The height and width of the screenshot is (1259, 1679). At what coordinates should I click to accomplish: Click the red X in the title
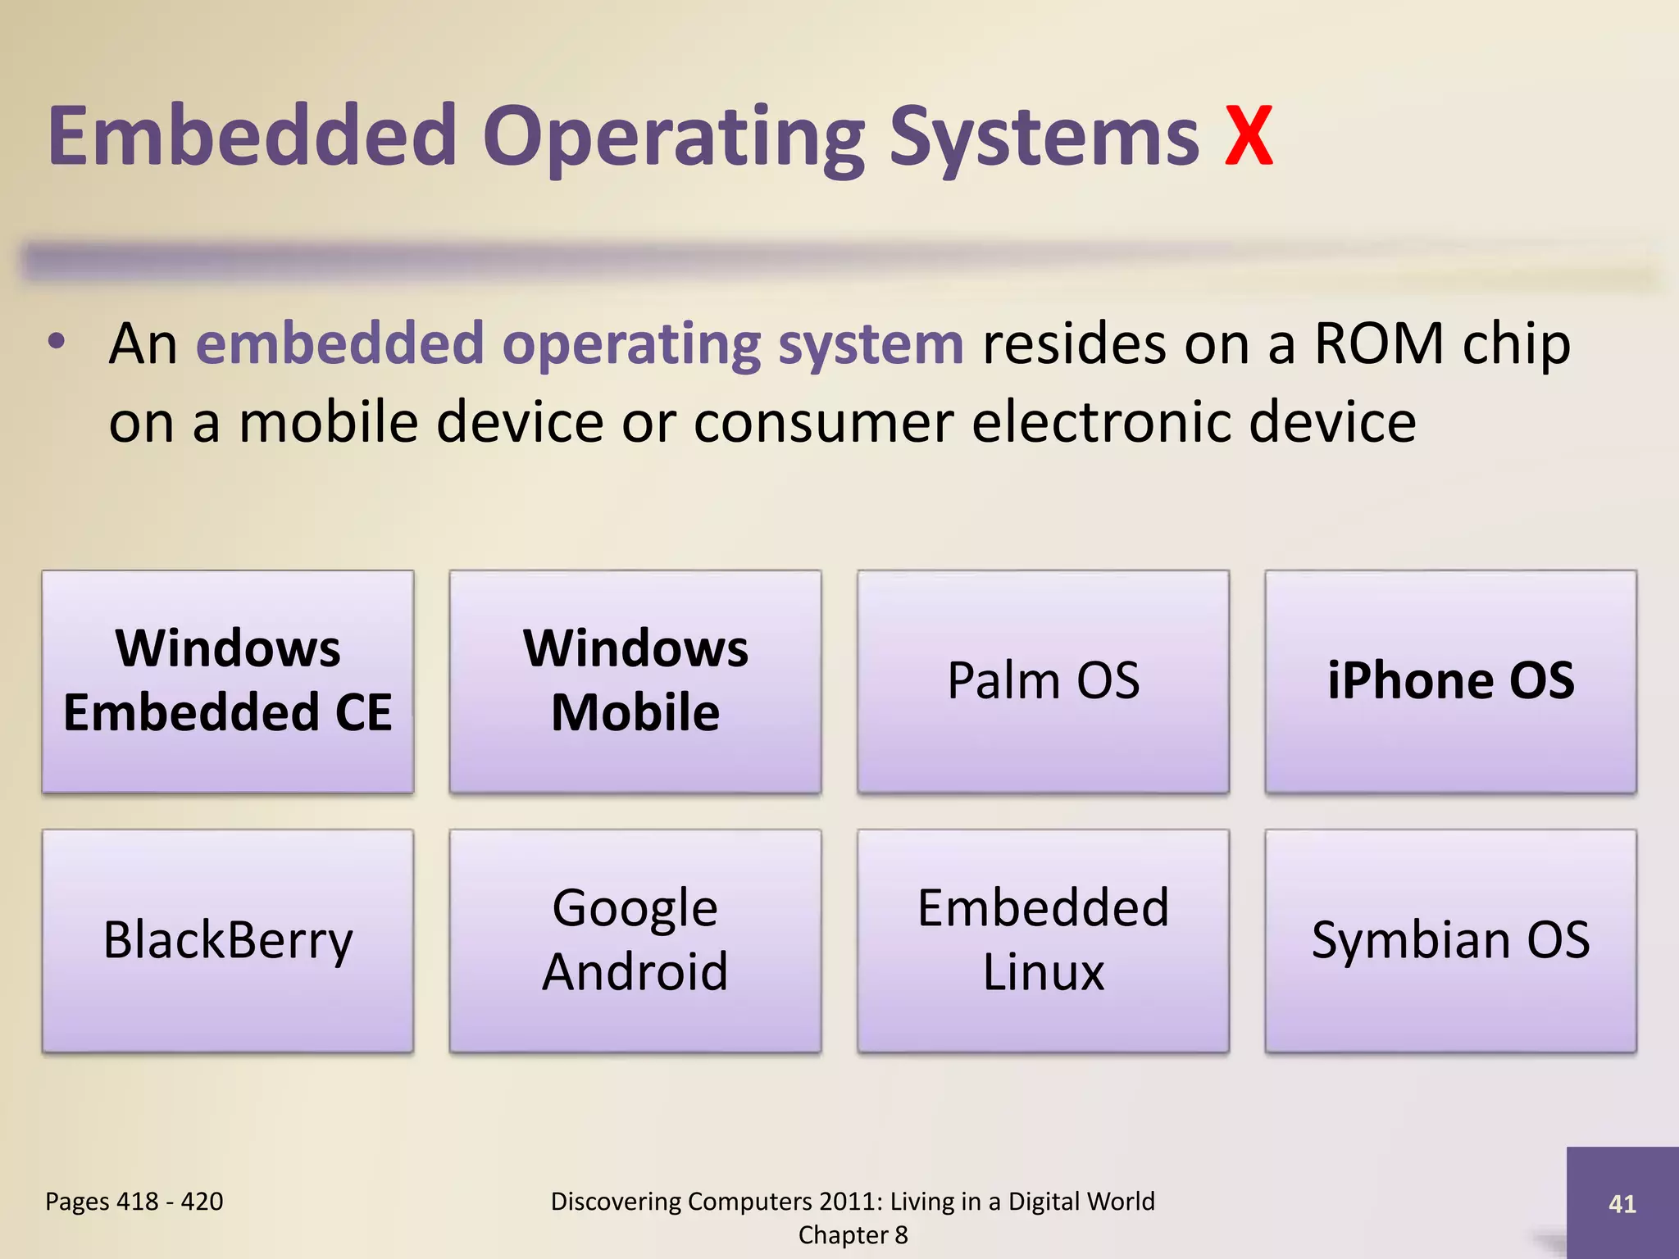1249,137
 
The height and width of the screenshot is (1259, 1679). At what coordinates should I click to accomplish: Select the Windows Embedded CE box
228,681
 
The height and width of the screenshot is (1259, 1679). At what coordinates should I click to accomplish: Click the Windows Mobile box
635,681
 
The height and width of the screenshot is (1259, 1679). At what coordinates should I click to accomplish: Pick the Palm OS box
1043,681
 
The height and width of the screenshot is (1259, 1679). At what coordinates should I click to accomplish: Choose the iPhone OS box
1450,681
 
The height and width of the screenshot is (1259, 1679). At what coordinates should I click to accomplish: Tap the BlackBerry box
228,940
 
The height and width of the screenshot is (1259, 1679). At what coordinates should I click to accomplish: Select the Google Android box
635,940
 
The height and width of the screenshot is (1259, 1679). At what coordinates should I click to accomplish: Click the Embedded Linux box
1043,940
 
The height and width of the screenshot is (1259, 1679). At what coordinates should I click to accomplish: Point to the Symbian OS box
1450,940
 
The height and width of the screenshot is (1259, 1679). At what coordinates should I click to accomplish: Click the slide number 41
1622,1204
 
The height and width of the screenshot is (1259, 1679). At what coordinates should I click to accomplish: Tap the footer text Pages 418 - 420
134,1202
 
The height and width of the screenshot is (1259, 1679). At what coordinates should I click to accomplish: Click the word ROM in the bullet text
1378,343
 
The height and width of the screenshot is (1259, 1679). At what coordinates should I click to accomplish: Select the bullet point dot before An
56,343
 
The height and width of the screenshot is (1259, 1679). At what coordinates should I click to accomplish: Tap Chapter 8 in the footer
853,1235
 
